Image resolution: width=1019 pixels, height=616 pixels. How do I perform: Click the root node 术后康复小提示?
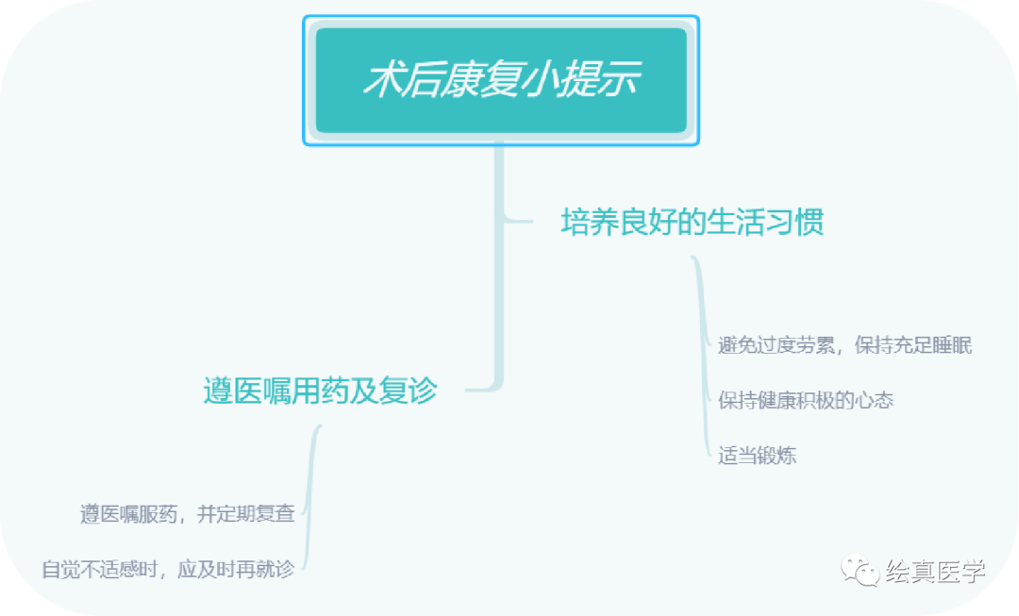coord(501,80)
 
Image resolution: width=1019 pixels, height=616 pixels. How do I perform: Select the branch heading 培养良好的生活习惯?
coord(693,223)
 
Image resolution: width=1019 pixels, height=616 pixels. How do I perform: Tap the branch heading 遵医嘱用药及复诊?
coord(321,391)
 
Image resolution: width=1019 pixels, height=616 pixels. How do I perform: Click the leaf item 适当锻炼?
coord(757,456)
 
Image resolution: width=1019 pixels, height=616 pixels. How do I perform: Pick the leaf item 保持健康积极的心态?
coord(806,400)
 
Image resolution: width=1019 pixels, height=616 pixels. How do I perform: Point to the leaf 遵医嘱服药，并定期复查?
coord(187,514)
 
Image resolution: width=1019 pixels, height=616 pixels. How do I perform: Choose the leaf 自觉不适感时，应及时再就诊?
coord(168,570)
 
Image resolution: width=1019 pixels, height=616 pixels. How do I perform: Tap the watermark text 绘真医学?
coord(935,571)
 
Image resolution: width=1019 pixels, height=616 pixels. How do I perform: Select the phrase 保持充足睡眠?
coord(913,345)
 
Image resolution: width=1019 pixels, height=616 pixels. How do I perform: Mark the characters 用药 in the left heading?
coord(321,391)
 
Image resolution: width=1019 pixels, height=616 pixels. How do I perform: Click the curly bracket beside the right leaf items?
coord(701,358)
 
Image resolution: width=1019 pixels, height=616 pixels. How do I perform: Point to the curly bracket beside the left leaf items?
coord(313,500)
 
